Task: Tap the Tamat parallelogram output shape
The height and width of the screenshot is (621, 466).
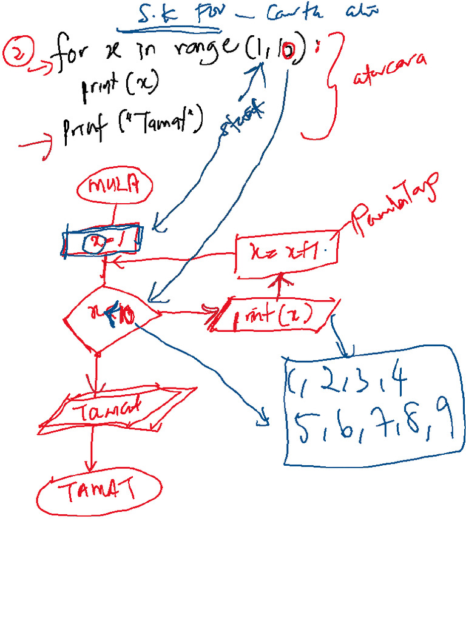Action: tap(115, 408)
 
